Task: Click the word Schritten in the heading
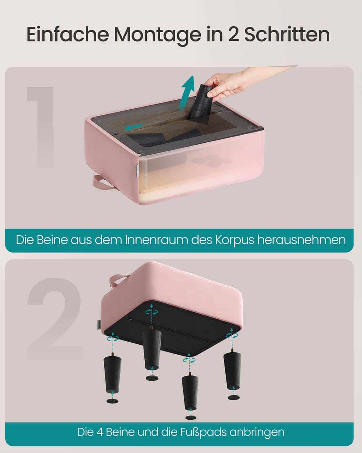(287, 35)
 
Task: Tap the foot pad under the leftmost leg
(112, 401)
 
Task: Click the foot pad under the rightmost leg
(233, 397)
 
